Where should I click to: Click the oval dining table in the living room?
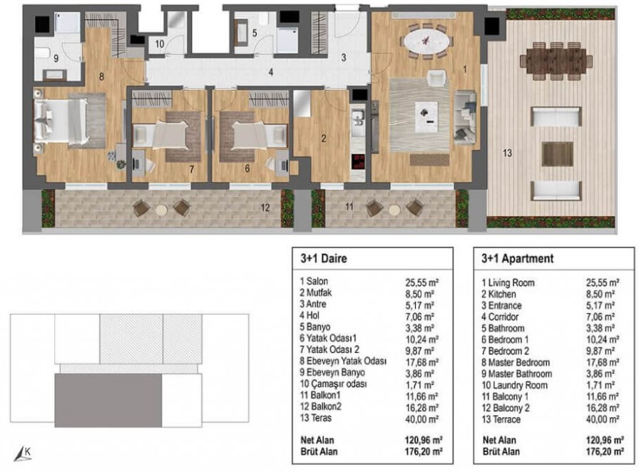coord(426,41)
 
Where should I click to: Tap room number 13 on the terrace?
coord(507,153)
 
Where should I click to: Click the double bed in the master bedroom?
coord(61,121)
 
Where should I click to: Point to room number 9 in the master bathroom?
coord(56,58)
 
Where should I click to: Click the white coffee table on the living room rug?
coord(426,116)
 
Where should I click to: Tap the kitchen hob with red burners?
coord(359,161)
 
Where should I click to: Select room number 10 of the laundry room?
coord(159,43)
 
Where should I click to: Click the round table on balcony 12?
coord(161,210)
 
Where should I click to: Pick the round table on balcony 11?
coord(394,210)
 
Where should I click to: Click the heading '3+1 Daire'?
coord(324,258)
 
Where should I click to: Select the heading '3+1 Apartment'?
coord(518,258)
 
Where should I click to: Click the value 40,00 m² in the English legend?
coord(603,419)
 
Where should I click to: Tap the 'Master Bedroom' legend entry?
coord(516,362)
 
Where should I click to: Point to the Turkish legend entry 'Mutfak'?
coord(316,292)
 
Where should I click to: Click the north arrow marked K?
coord(23,454)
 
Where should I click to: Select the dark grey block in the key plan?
coord(108,401)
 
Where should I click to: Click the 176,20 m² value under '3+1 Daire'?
coord(424,451)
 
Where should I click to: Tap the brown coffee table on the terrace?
coord(557,154)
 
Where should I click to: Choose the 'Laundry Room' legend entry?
coord(514,385)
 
